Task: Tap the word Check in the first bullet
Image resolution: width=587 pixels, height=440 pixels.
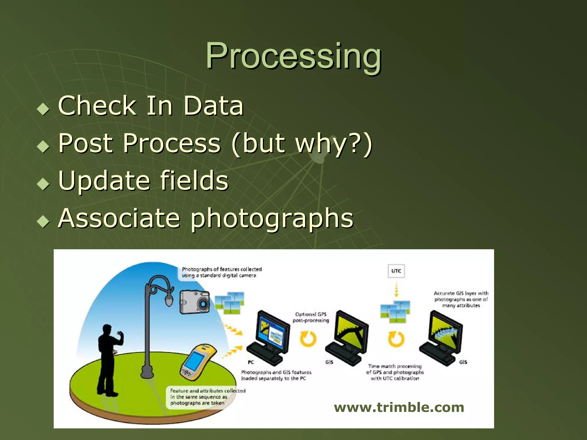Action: [97, 106]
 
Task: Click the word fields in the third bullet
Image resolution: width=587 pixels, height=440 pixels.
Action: [194, 180]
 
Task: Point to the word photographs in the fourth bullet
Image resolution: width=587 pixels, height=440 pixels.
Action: [272, 219]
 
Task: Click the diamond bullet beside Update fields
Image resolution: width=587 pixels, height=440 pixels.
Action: [43, 184]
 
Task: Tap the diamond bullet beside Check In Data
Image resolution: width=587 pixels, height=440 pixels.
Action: [43, 109]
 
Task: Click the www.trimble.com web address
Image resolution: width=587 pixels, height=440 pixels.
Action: [399, 407]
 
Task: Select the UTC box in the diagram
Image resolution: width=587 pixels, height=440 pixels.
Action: [396, 271]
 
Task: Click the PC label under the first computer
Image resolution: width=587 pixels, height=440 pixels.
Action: [251, 362]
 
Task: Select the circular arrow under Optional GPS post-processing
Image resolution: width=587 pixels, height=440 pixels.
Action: [308, 339]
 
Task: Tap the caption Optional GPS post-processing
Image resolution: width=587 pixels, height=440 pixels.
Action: [311, 317]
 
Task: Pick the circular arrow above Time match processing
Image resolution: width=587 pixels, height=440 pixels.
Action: [396, 339]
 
